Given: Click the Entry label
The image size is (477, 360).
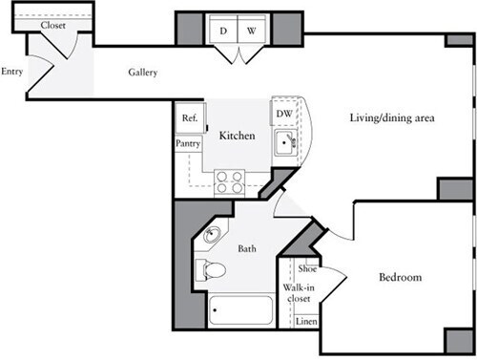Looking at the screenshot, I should click(x=12, y=72).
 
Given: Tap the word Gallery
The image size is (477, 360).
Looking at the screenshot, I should click(x=143, y=74).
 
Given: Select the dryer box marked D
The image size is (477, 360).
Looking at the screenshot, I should click(x=223, y=31).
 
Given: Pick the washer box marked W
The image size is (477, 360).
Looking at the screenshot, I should click(x=251, y=31).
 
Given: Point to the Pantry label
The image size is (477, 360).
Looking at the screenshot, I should click(x=187, y=142).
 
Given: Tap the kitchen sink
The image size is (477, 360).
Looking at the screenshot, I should click(x=285, y=144).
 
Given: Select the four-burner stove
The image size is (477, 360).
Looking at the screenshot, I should click(x=229, y=180).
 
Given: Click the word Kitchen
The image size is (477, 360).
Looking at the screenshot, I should click(x=238, y=137).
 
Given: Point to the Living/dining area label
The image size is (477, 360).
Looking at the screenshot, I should click(x=390, y=118).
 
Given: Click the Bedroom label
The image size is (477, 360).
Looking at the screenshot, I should click(x=400, y=278).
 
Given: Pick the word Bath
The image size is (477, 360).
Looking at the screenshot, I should click(x=247, y=249).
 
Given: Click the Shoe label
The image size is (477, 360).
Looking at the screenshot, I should click(x=306, y=269).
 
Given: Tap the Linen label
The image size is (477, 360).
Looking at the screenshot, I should click(x=305, y=321).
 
